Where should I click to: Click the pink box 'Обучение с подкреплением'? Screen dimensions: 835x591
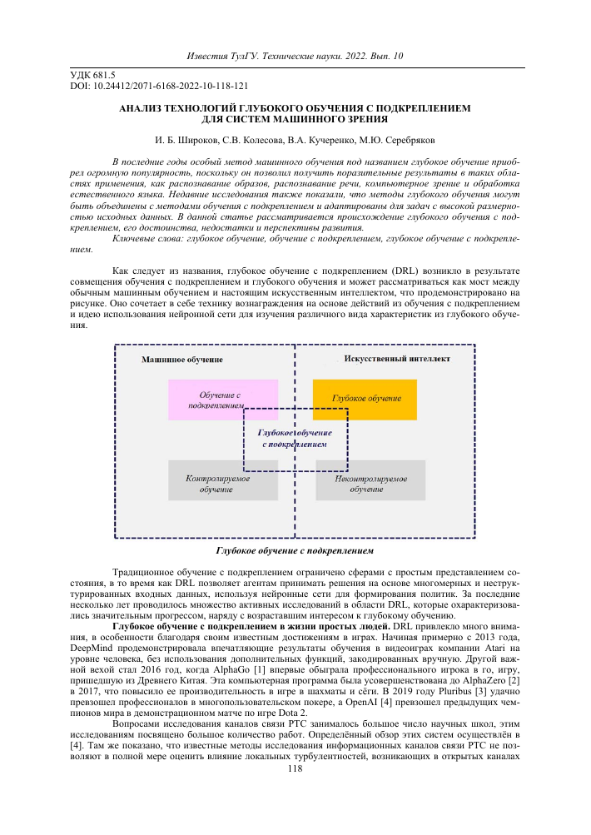pos(222,400)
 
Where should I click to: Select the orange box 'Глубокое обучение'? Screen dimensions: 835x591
pos(365,400)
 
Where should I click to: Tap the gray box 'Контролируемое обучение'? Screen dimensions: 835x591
pos(222,480)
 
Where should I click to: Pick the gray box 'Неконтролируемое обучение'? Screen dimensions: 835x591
pos(370,480)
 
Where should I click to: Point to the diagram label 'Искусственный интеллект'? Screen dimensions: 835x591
pos(396,359)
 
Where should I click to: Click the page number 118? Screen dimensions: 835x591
pos(295,768)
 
